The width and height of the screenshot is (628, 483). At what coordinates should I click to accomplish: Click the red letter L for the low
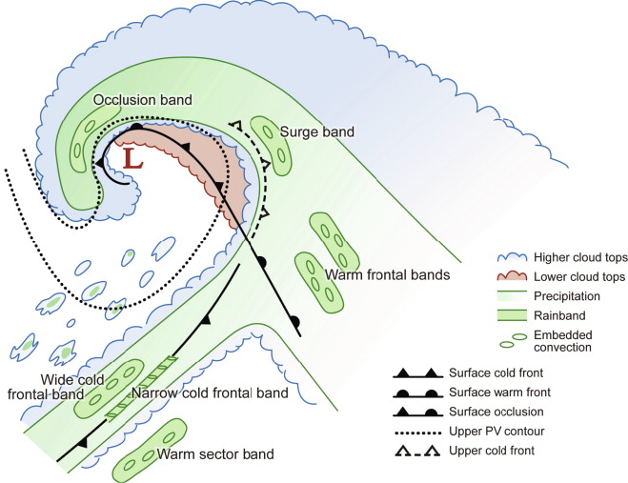[x=134, y=159]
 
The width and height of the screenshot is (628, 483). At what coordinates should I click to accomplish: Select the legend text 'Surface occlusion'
[x=506, y=411]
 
